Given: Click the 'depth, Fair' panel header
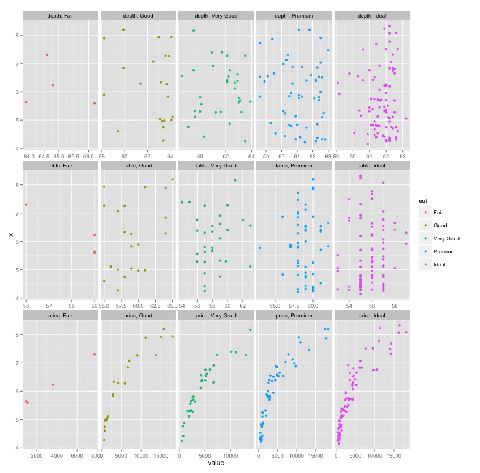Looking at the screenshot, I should (61, 15).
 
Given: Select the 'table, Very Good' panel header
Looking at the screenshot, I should (216, 165).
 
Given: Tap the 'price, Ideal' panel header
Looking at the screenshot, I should (371, 315).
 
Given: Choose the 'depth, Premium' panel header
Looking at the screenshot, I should (294, 15).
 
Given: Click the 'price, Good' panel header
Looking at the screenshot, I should (138, 315).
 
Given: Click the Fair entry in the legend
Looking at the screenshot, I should (438, 212).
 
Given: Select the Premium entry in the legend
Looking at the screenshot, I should (444, 251).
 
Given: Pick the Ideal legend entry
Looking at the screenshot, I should (440, 264).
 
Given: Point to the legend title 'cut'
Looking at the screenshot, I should (423, 200).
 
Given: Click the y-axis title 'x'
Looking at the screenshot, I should (11, 234).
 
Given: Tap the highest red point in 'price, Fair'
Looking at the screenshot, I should (95, 354).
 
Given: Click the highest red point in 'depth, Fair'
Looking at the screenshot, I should (47, 55).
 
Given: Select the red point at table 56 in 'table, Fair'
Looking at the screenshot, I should (26, 205).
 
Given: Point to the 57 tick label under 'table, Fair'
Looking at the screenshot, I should (49, 306).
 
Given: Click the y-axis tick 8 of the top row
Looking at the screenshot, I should (18, 35).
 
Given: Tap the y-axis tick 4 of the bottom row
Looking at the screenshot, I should (18, 448).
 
